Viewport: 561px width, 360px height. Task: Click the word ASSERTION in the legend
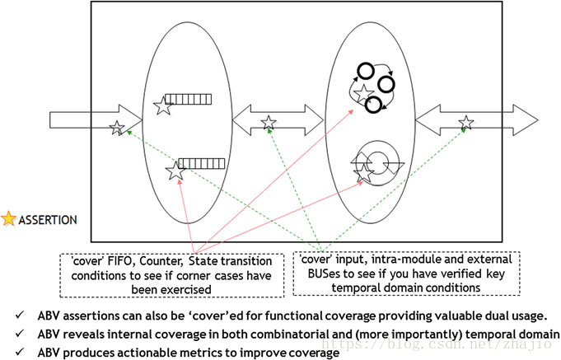(48, 220)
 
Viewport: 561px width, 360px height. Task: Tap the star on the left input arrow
(117, 128)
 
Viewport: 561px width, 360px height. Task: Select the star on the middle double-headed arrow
(269, 124)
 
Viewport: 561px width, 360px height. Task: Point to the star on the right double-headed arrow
(465, 124)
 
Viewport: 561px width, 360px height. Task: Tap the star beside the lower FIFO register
(175, 171)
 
